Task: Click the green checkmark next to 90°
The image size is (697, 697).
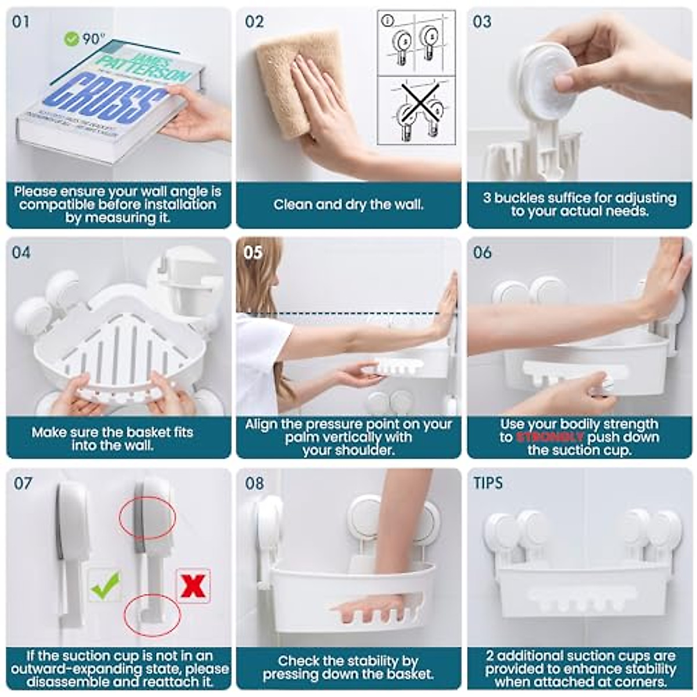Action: click(71, 39)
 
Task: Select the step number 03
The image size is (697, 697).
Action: click(482, 22)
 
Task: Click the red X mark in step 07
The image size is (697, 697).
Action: click(193, 586)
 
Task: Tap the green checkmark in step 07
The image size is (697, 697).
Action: click(105, 585)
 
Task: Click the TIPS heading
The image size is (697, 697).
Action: click(488, 483)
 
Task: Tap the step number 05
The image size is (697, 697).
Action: click(253, 253)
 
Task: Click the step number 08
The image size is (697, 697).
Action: click(254, 483)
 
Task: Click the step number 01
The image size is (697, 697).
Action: click(20, 22)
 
